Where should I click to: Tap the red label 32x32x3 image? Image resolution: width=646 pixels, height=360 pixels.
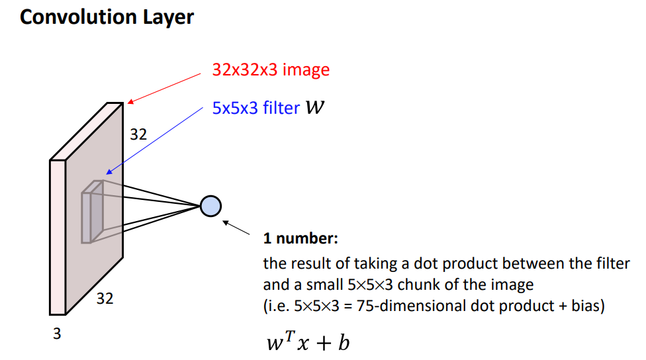point(271,69)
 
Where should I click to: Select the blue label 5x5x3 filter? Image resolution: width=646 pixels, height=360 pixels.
point(255,108)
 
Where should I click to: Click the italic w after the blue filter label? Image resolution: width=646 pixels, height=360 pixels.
point(315,107)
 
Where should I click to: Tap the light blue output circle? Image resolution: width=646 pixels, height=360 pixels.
point(210,206)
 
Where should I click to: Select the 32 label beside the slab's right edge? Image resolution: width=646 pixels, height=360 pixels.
point(138,135)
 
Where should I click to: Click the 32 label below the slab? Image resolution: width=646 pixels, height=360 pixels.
point(105,298)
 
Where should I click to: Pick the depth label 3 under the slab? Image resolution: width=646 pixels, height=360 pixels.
point(57,334)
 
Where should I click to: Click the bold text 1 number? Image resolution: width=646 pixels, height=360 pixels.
point(301,238)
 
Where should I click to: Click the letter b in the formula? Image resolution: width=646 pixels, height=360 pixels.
point(343,343)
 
